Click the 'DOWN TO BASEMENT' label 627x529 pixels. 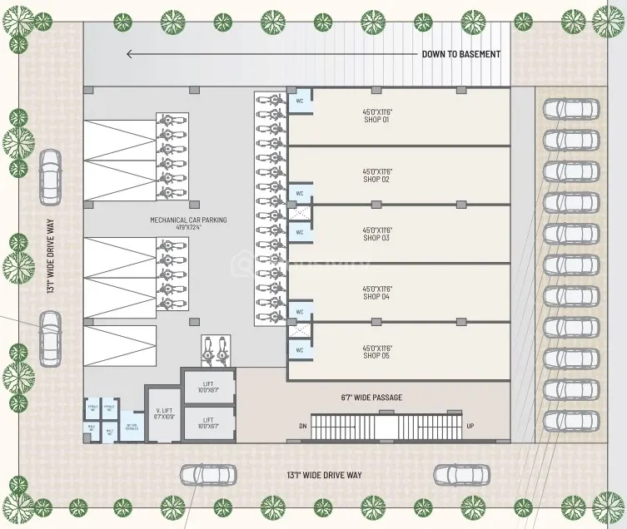pos(460,54)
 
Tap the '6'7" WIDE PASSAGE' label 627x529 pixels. pos(371,398)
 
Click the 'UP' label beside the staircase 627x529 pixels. pos(470,426)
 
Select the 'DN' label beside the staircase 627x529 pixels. pos(302,426)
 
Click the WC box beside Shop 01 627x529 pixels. pos(299,101)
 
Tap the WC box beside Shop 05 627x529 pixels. pos(299,350)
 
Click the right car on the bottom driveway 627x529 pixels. pos(457,475)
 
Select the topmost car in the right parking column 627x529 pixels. pos(570,108)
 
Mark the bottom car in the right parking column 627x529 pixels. pos(570,421)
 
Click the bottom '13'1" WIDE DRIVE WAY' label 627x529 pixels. pos(324,475)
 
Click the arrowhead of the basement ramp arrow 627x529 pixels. pos(130,54)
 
